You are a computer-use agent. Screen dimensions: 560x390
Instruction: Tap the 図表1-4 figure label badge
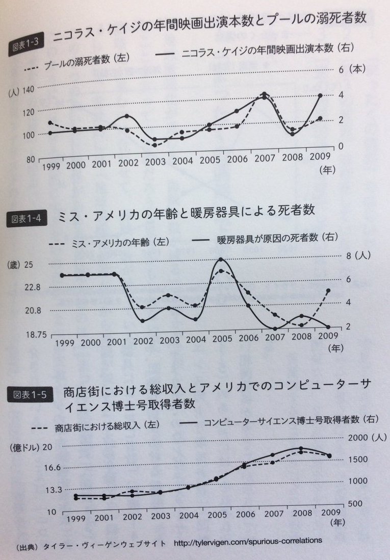[x=25, y=219]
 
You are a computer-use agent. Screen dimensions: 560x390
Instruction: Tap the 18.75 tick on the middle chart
[x=32, y=335]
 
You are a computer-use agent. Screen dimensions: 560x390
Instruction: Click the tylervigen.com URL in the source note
[x=248, y=540]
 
